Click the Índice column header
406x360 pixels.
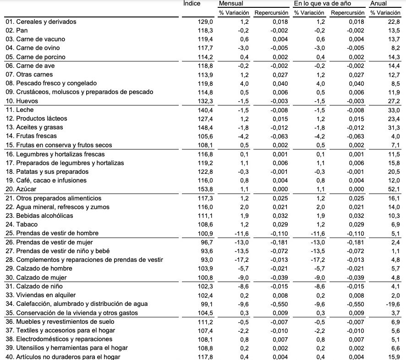coord(192,3)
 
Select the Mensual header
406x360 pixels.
coord(231,4)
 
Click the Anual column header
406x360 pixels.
coord(379,4)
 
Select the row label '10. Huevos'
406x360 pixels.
coord(21,101)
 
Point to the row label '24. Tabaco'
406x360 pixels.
coord(21,225)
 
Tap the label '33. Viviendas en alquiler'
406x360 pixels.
coord(41,295)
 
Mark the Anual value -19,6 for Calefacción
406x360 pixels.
coord(393,304)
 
